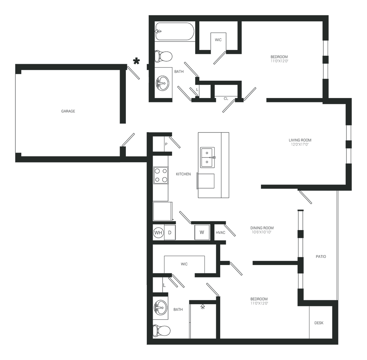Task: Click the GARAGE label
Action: pos(68,111)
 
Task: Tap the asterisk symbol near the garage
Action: pos(137,61)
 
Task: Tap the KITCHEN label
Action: pos(183,174)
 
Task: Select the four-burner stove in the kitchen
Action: pos(160,175)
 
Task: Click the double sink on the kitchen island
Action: pos(208,157)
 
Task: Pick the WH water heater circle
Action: pos(158,232)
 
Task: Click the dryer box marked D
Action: pos(170,232)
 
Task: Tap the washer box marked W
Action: pos(202,232)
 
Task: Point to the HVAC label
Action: pos(220,232)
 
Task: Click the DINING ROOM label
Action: pos(263,228)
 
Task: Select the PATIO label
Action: pos(320,257)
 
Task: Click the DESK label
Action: pos(319,323)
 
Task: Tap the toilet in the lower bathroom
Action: pos(162,331)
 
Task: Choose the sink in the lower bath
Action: pos(160,307)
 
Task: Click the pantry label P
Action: pos(166,144)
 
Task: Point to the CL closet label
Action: pos(226,98)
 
